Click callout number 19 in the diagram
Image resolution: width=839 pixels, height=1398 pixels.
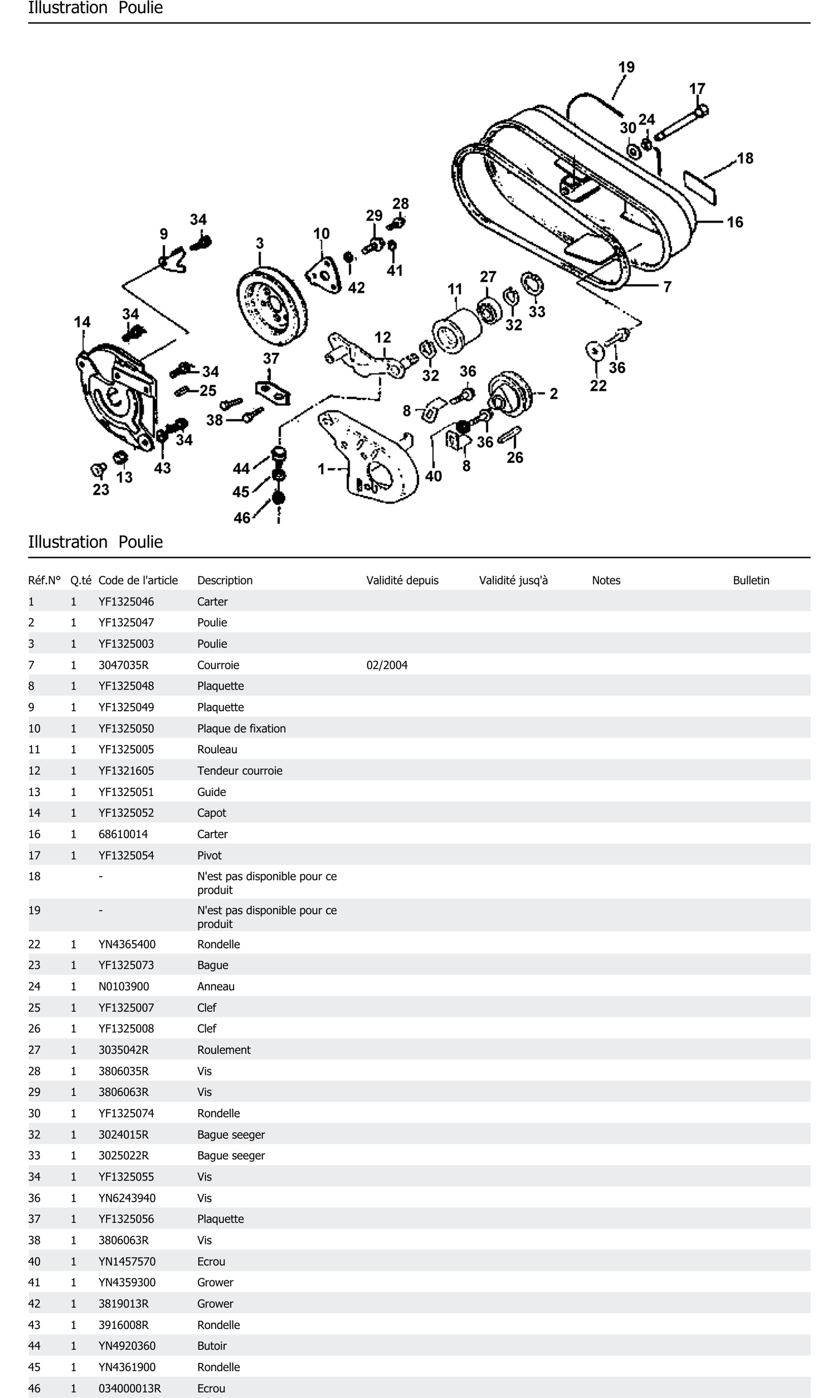point(626,67)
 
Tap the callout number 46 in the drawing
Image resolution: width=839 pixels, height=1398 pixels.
point(242,518)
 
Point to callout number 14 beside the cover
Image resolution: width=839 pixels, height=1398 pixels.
point(82,322)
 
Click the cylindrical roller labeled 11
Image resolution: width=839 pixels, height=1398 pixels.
point(456,331)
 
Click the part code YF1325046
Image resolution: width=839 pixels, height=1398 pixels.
point(126,602)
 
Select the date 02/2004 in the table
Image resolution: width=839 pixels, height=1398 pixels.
point(387,665)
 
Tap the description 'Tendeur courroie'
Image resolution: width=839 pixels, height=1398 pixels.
point(240,771)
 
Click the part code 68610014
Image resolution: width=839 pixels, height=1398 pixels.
point(123,834)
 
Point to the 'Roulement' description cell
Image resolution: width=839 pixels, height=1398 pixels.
point(224,1050)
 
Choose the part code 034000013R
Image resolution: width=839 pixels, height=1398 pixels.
point(129,1388)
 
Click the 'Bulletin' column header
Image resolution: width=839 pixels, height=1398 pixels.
point(751,580)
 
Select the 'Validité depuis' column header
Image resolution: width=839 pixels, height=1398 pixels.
point(402,580)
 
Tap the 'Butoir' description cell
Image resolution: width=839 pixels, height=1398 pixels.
point(212,1346)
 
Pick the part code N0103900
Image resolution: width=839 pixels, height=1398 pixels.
point(124,987)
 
